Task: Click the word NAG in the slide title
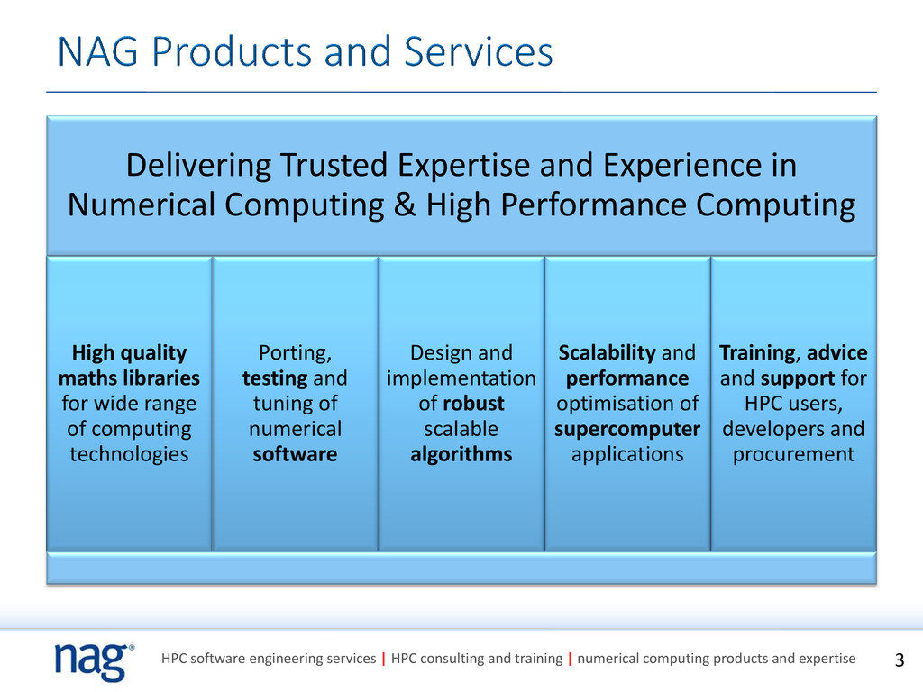click(x=97, y=51)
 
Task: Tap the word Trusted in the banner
click(x=334, y=165)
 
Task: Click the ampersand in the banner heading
click(x=405, y=205)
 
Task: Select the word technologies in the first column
click(x=129, y=454)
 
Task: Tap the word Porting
click(x=295, y=353)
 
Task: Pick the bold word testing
click(x=274, y=378)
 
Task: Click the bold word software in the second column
click(x=295, y=454)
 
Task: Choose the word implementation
click(x=461, y=378)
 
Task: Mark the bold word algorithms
click(x=461, y=455)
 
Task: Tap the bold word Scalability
click(x=607, y=353)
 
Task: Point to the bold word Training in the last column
click(x=758, y=353)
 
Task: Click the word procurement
click(x=793, y=455)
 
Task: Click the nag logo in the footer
click(x=94, y=661)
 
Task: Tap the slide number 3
click(x=899, y=660)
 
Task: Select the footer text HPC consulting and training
click(x=477, y=659)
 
